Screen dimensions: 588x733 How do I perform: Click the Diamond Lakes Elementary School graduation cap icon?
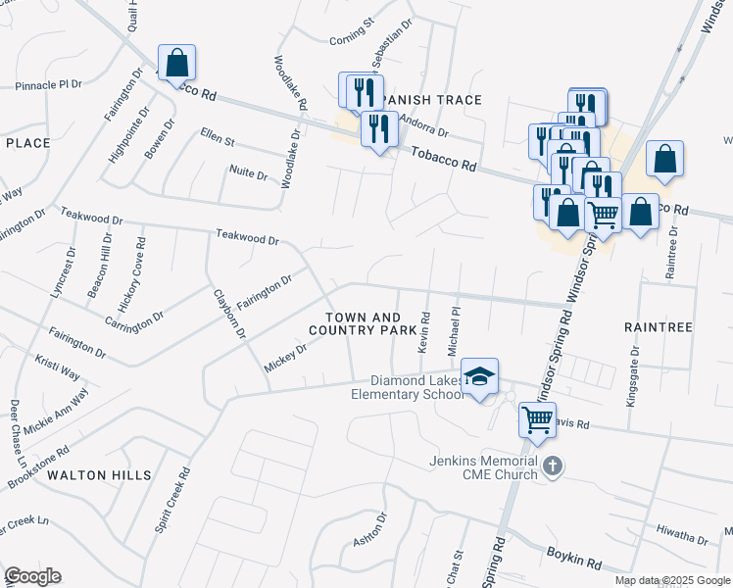[x=480, y=376]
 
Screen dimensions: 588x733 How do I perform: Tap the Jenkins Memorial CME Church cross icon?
[x=553, y=466]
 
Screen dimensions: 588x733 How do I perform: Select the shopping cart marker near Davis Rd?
[x=537, y=420]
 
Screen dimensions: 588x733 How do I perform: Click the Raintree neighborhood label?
[x=658, y=325]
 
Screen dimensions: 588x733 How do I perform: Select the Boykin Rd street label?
[x=573, y=561]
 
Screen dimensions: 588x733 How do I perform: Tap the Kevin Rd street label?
[x=425, y=332]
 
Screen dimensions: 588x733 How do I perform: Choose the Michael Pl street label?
[x=454, y=330]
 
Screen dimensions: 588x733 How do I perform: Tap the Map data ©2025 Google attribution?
[x=671, y=580]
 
